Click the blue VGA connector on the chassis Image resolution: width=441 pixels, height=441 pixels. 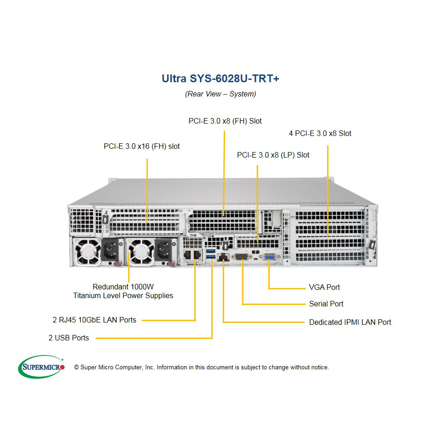270,257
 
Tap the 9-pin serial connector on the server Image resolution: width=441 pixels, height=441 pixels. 242,256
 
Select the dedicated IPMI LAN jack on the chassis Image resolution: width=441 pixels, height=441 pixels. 223,257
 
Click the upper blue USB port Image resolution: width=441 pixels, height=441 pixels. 211,251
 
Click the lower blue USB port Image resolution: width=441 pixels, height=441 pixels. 211,256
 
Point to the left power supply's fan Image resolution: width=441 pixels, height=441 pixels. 87,251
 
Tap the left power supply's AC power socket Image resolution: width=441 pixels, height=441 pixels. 110,250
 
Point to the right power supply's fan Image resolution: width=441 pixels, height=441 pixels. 141,251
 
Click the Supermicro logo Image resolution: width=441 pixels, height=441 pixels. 41,367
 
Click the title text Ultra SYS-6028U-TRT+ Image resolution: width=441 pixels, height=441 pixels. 220,79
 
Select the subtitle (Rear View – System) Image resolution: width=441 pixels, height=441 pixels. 220,94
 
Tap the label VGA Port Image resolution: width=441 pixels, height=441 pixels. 324,287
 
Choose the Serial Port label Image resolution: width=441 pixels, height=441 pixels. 326,304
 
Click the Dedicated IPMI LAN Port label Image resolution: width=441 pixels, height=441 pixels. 350,322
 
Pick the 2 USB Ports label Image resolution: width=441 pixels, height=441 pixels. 68,338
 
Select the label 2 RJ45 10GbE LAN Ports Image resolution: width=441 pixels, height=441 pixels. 95,320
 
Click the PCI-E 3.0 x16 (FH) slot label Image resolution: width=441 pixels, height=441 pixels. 142,146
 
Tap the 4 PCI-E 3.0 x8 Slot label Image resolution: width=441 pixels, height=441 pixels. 320,133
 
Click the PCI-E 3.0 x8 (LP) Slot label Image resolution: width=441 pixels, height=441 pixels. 273,155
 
